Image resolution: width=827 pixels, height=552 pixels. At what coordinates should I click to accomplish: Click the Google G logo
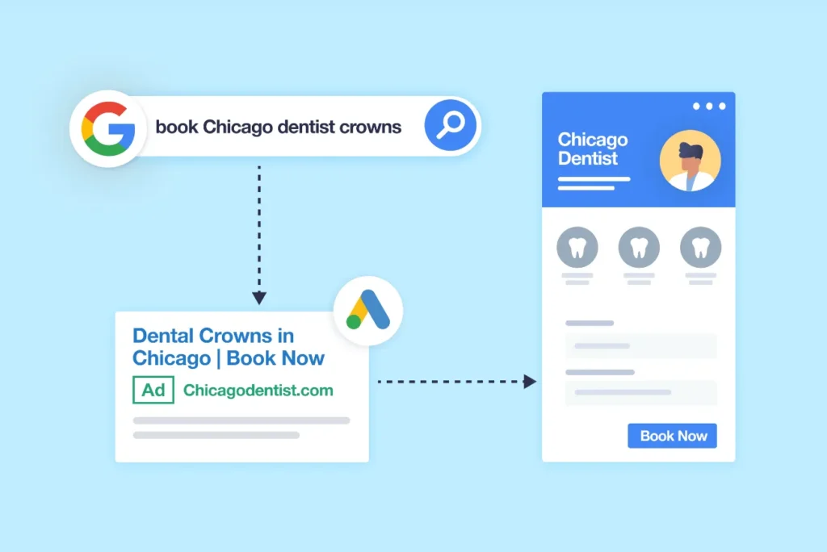click(107, 129)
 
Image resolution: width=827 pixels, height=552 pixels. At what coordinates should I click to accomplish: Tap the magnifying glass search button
click(451, 125)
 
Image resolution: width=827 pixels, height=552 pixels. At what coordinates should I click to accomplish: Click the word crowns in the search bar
click(370, 127)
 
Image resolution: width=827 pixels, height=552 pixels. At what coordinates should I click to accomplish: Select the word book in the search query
click(177, 127)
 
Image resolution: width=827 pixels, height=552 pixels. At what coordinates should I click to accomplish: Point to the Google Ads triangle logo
click(368, 310)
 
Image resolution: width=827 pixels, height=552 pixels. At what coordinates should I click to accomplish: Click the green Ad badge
click(153, 390)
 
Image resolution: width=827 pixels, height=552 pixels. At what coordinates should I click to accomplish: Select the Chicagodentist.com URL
click(258, 390)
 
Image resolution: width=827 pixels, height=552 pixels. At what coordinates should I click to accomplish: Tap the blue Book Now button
click(672, 436)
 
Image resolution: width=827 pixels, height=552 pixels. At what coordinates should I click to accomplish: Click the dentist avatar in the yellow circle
click(690, 161)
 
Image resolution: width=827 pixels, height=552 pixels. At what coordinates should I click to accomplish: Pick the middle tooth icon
click(639, 247)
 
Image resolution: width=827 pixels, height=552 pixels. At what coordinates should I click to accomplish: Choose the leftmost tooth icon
click(577, 247)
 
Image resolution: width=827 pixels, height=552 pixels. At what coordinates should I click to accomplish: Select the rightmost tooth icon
click(700, 247)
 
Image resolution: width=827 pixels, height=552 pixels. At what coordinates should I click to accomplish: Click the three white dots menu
click(709, 107)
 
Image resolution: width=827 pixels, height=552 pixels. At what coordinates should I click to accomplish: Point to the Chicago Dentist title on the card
click(593, 148)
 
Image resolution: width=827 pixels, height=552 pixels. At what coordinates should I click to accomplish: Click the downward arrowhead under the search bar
click(259, 298)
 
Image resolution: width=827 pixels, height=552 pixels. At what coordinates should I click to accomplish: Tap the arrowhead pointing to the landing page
click(530, 381)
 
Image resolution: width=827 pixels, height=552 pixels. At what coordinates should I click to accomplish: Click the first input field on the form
click(640, 346)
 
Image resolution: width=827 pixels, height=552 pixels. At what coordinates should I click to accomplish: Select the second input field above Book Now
click(640, 392)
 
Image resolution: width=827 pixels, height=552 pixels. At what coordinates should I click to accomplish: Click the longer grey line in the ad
click(241, 420)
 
